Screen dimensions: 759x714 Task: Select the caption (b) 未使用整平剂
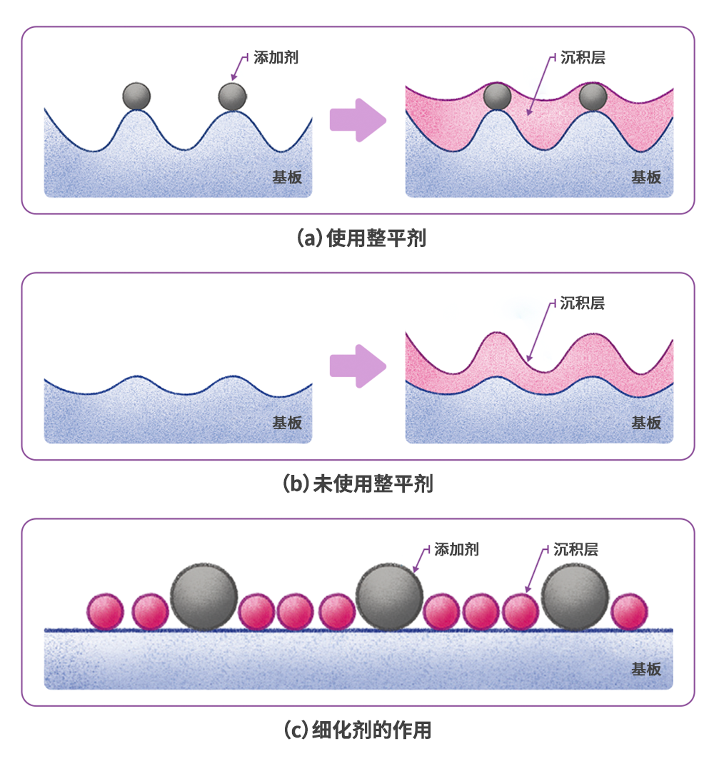(358, 484)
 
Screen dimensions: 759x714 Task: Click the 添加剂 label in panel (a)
(276, 58)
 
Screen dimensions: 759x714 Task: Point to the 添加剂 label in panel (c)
(456, 549)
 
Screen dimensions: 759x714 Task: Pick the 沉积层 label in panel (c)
(575, 549)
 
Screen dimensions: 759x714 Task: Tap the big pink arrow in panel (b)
(357, 366)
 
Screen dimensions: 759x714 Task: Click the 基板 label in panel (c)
(646, 669)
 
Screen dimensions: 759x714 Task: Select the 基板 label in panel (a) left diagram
(287, 177)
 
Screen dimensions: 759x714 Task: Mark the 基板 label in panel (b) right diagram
(646, 423)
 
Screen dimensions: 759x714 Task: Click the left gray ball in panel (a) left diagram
(136, 96)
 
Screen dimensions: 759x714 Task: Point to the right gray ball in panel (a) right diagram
(593, 96)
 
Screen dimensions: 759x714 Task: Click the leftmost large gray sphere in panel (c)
(203, 596)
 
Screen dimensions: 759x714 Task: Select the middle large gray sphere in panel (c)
(389, 596)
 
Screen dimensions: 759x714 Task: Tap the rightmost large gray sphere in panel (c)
(575, 596)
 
